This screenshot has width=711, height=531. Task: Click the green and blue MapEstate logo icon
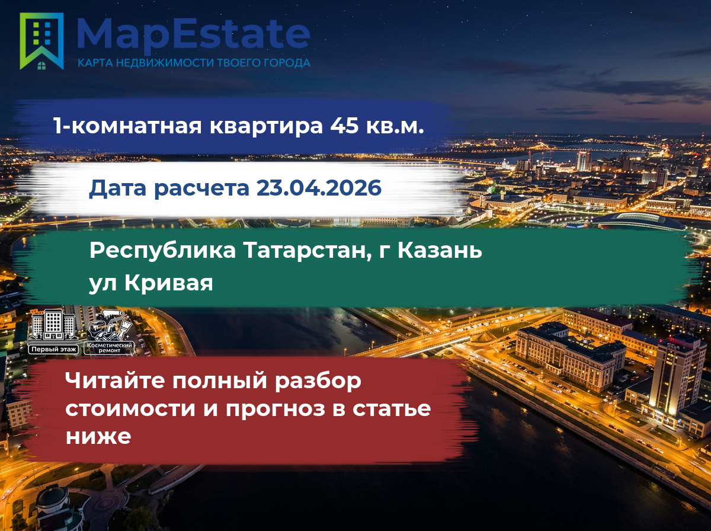41,41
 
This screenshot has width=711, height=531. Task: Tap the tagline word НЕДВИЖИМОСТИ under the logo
165,63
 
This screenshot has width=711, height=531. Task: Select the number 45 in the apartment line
344,126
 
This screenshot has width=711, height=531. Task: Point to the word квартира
266,127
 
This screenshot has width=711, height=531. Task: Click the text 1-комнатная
127,126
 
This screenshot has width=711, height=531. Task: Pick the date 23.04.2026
319,188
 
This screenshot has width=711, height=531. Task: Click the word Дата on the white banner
117,188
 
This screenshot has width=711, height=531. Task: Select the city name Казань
440,251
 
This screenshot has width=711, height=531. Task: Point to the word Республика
162,251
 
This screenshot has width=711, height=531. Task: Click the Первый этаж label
54,349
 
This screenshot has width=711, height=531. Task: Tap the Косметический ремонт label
110,348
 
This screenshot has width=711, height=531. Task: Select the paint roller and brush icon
110,325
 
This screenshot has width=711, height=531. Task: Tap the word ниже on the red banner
98,436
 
